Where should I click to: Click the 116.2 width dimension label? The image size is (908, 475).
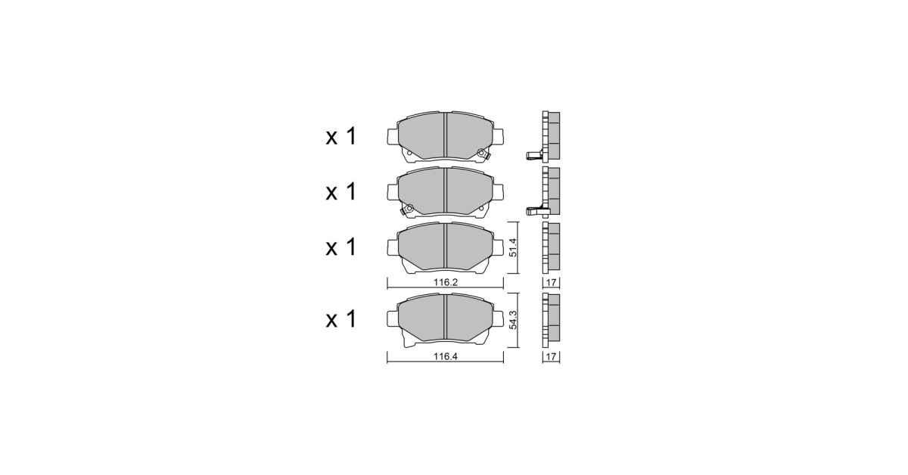point(446,282)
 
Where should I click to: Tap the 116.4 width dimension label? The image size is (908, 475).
point(446,357)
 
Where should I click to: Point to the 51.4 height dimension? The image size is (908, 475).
point(513,247)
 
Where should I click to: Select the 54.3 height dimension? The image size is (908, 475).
point(513,320)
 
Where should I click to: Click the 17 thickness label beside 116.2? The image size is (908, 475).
point(552,282)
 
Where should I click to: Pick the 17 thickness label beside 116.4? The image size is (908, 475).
point(552,357)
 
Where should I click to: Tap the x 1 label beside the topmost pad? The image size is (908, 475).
point(341,137)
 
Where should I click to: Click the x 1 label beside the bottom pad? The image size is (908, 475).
point(341,319)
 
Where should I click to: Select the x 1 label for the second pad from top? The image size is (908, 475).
point(341,191)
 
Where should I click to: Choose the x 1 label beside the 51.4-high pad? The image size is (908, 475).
point(341,247)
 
